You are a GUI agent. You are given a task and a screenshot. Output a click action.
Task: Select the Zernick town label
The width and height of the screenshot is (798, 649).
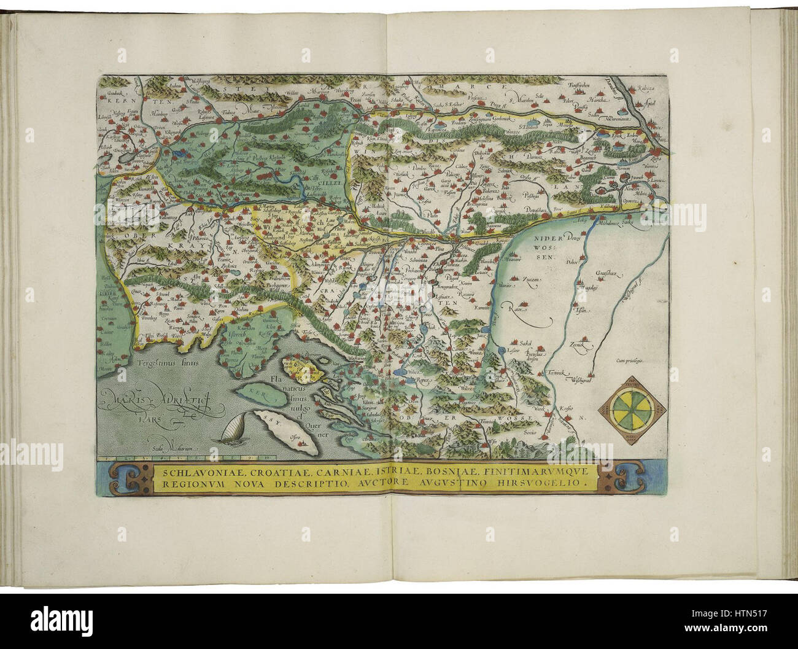[x=580, y=345]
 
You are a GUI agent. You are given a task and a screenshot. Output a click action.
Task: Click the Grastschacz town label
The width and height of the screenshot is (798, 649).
[x=610, y=269]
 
